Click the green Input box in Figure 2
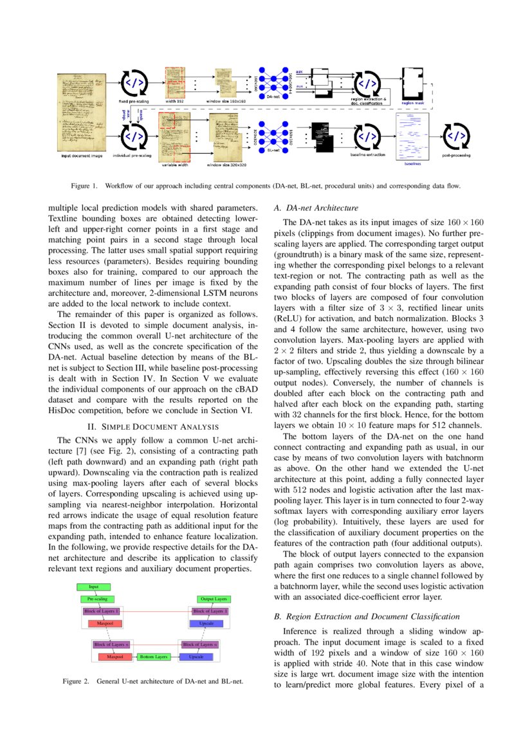coord(94,587)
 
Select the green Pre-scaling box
coord(97,599)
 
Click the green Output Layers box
coord(214,599)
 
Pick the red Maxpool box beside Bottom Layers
coord(115,657)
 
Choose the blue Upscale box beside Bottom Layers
coord(196,657)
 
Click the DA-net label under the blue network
coord(273,96)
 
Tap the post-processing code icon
coord(456,136)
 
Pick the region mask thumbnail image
coord(412,82)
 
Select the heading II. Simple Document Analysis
coord(152,426)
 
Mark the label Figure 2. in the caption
coord(76,681)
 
